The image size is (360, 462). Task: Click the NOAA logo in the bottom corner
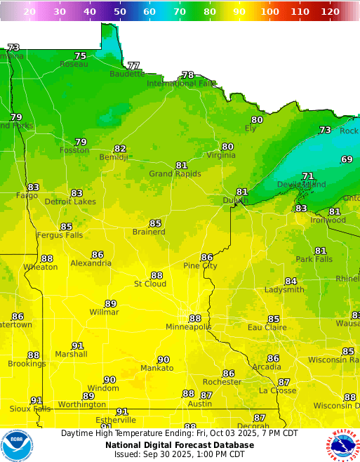pos(17,445)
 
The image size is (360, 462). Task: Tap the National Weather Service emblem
pos(342,445)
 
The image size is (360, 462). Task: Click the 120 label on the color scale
pos(329,12)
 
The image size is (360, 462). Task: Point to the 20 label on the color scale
pos(29,12)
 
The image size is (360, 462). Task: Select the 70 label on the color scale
pos(179,12)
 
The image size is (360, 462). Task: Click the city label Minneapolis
pos(188,327)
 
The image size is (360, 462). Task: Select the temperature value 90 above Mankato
pos(164,359)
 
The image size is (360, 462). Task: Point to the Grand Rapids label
pos(175,174)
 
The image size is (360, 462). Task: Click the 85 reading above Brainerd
pos(155,223)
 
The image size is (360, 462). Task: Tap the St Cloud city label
pos(150,284)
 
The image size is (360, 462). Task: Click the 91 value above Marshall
pos(77,345)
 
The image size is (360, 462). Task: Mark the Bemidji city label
pos(114,157)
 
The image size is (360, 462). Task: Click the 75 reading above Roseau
pos(81,55)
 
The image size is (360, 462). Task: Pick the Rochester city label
pos(221,382)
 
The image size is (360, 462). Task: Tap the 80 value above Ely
pos(257,120)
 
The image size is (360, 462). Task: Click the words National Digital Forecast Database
pos(180,444)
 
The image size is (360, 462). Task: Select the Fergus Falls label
pos(60,235)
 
